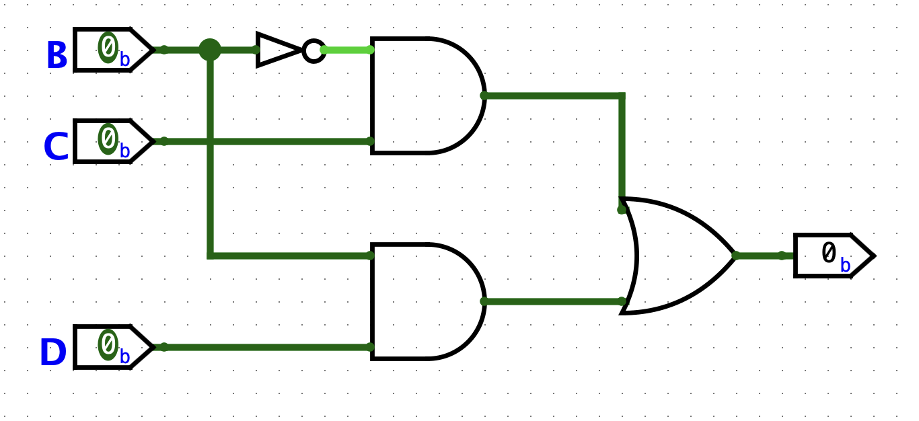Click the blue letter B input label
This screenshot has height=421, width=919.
pyautogui.click(x=57, y=56)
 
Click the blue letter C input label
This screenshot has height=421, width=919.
pyautogui.click(x=56, y=147)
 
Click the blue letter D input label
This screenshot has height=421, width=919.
pyautogui.click(x=53, y=353)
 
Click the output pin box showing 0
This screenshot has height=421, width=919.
pyautogui.click(x=833, y=256)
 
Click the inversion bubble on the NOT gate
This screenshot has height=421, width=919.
pyautogui.click(x=314, y=50)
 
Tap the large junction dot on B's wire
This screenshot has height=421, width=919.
pyautogui.click(x=210, y=50)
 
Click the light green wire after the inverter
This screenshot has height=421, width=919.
pyautogui.click(x=347, y=50)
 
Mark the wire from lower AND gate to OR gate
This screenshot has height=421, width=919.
pyautogui.click(x=552, y=301)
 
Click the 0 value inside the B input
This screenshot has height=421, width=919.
pyautogui.click(x=108, y=47)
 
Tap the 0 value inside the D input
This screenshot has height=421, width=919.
pyautogui.click(x=108, y=344)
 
